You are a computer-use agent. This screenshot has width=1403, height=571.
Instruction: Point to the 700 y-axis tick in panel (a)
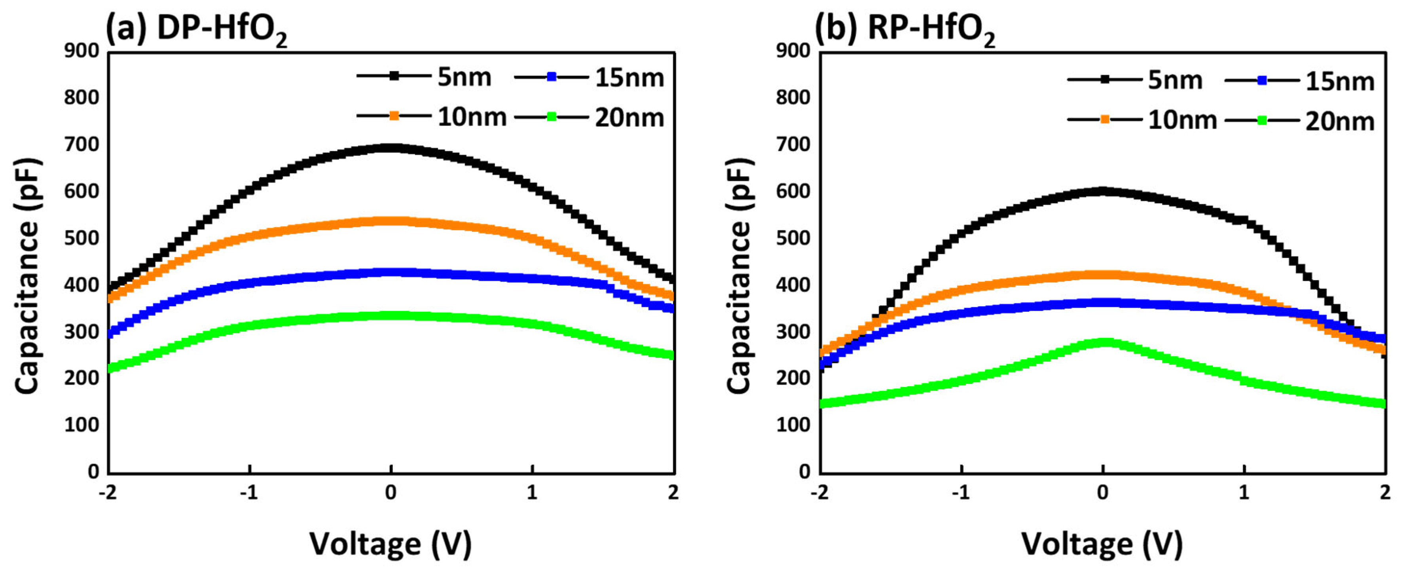(82, 144)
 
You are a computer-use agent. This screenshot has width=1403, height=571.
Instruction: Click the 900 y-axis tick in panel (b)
(793, 51)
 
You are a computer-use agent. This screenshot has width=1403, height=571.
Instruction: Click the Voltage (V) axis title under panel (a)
(391, 544)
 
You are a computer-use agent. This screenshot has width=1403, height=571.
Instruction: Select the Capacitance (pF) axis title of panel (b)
(739, 275)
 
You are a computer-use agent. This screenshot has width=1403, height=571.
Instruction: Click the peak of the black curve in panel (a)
(391, 148)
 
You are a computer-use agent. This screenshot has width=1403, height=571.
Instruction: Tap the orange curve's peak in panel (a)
(391, 221)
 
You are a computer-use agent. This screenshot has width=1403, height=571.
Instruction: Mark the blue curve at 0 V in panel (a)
(391, 272)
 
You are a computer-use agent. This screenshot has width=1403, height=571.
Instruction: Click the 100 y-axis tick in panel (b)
(793, 425)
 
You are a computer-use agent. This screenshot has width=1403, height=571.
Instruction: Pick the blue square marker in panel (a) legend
(551, 77)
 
